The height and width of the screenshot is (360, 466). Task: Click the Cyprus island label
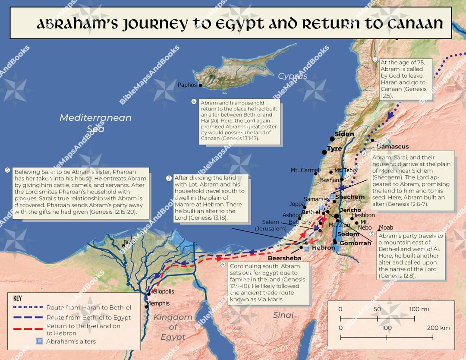pyautogui.click(x=293, y=76)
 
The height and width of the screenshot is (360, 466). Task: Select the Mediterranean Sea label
pyautogui.click(x=95, y=123)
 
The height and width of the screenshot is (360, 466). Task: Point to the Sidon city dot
pyautogui.click(x=332, y=139)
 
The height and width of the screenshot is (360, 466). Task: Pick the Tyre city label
pyautogui.click(x=334, y=149)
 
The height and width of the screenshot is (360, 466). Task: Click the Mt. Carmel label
pyautogui.click(x=305, y=170)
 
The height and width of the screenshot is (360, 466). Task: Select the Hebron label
pyautogui.click(x=323, y=248)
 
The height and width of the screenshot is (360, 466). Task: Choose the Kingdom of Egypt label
pyautogui.click(x=173, y=327)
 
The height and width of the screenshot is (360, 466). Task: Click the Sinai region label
pyautogui.click(x=283, y=315)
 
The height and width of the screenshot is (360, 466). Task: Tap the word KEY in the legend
pyautogui.click(x=18, y=298)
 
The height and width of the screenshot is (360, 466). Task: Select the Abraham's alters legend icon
pyautogui.click(x=39, y=341)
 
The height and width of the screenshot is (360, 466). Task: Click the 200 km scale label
pyautogui.click(x=438, y=328)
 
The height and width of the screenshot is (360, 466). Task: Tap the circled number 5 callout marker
pyautogui.click(x=7, y=170)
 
